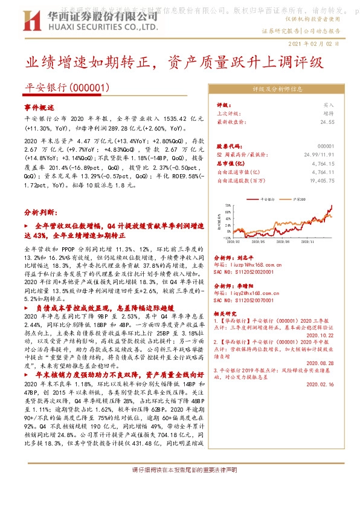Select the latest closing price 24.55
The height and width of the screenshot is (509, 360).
tap(327, 122)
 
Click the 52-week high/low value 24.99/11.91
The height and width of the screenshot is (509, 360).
tap(318, 155)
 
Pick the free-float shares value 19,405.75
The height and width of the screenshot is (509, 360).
tap(320, 180)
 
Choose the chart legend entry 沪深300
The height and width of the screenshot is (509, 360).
tap(297, 197)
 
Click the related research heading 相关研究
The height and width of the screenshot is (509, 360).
tap(228, 314)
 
